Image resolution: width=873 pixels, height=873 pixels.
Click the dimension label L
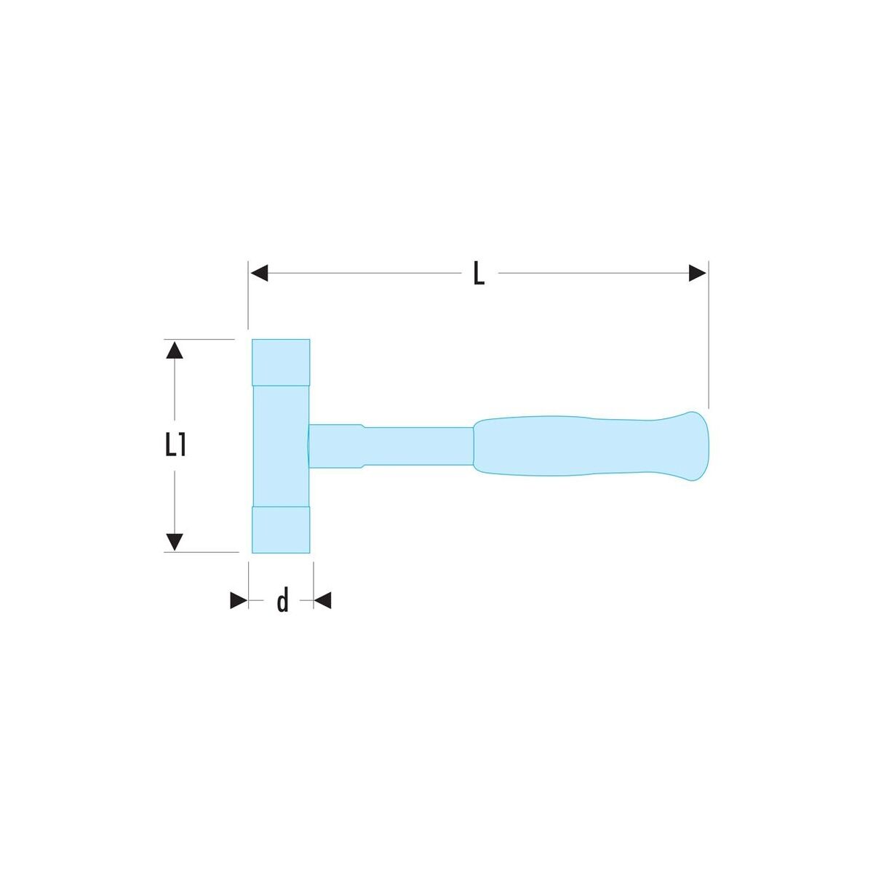[479, 274]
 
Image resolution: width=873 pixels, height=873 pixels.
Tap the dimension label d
[283, 599]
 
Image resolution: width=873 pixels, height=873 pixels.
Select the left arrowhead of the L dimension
[259, 274]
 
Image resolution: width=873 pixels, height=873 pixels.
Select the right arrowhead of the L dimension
[698, 274]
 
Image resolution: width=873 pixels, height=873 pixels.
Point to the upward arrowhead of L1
[175, 350]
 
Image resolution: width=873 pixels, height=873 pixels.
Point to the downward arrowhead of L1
[175, 542]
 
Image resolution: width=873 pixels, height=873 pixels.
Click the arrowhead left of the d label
[239, 599]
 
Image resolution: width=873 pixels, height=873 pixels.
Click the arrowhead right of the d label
[322, 599]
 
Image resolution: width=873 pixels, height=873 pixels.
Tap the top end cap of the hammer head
[281, 362]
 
